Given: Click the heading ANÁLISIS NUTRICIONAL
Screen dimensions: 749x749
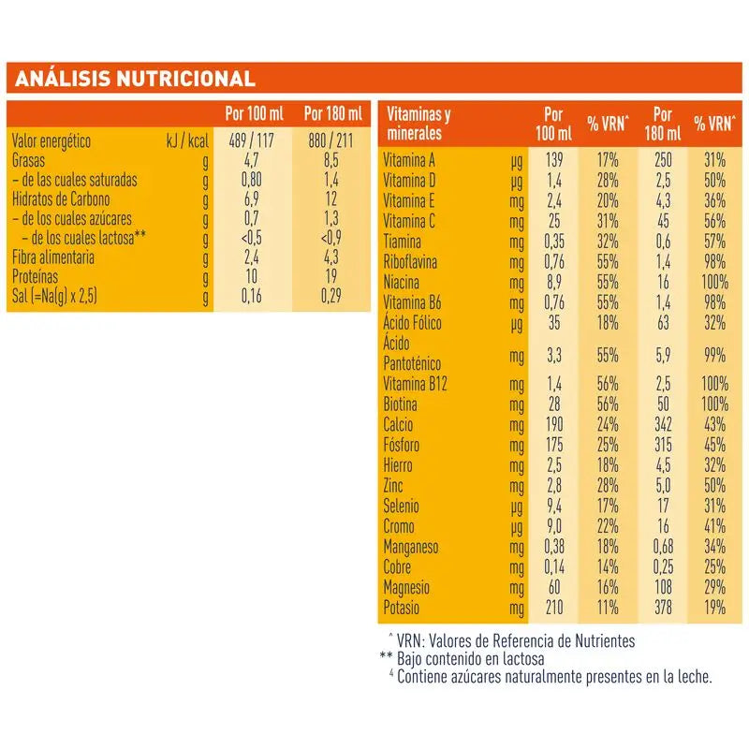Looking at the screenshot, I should pos(131,78).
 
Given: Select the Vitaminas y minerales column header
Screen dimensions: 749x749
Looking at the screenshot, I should pos(419,124).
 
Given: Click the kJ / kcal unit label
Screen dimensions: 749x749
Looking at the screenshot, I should pos(185,141).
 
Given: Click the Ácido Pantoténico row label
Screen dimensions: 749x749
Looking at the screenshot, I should pos(413,354).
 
